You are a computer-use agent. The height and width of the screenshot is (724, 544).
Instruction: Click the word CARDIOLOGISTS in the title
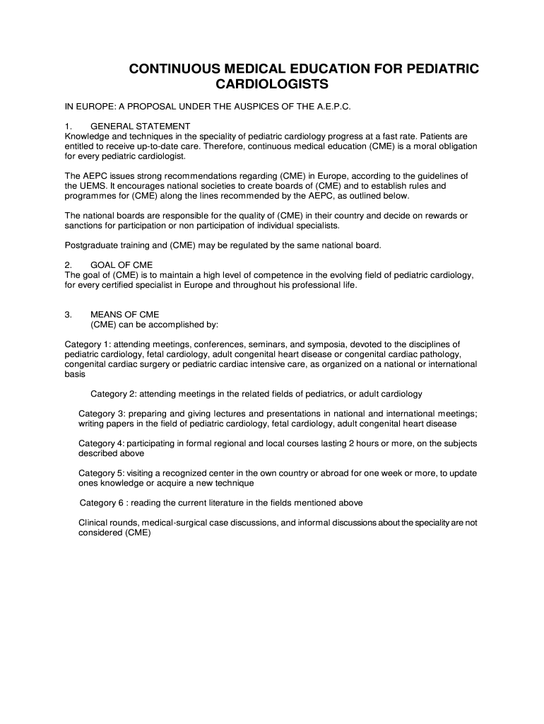[x=276, y=85]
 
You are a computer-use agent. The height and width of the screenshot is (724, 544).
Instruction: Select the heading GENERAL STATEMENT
[x=141, y=126]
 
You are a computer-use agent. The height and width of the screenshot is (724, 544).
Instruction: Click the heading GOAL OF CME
[x=117, y=264]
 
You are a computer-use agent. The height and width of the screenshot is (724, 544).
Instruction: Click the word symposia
[x=323, y=344]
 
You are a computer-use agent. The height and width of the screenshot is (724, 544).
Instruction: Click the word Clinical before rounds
[x=93, y=522]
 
